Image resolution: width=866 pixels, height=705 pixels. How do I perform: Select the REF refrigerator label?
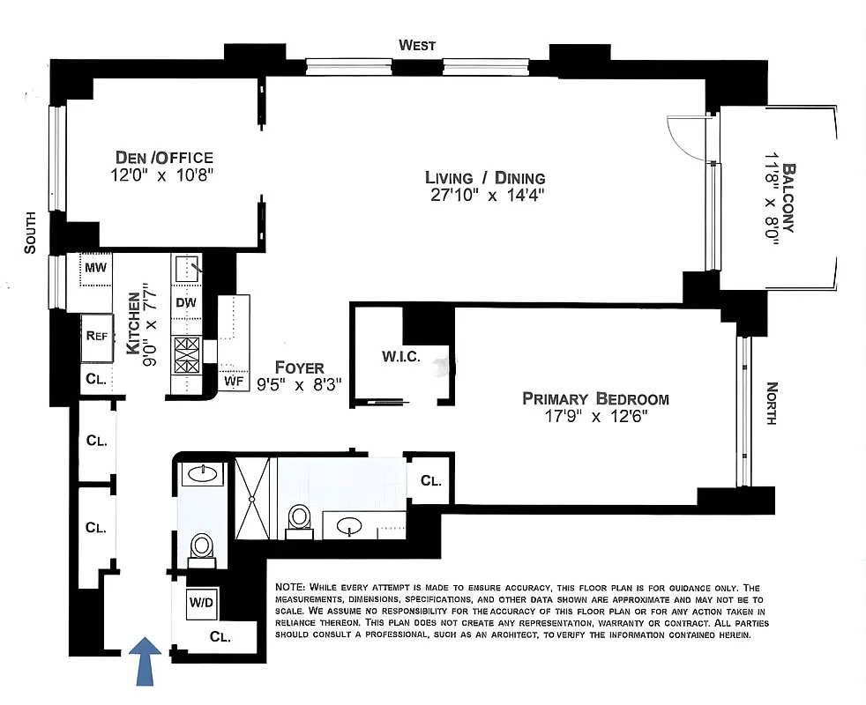click(x=97, y=335)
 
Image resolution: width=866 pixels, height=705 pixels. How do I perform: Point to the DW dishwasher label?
click(x=186, y=302)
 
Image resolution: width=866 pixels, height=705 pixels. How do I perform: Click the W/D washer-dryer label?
click(x=199, y=604)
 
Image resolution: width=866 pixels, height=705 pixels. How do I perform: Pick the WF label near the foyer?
click(x=233, y=382)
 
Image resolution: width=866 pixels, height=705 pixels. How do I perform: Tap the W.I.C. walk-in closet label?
click(x=400, y=357)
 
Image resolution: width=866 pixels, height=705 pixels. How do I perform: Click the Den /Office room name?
click(x=164, y=158)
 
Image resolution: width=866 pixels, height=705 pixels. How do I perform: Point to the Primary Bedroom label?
click(x=595, y=398)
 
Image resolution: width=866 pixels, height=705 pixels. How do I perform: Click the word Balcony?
click(x=788, y=198)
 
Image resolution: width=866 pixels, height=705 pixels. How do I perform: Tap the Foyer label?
click(x=299, y=367)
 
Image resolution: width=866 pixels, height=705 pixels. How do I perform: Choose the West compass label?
click(x=417, y=45)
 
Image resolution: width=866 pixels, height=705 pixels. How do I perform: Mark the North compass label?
click(x=772, y=403)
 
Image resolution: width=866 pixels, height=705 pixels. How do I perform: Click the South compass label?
click(x=31, y=233)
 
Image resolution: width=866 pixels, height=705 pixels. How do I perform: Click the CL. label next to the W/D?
click(x=220, y=636)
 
